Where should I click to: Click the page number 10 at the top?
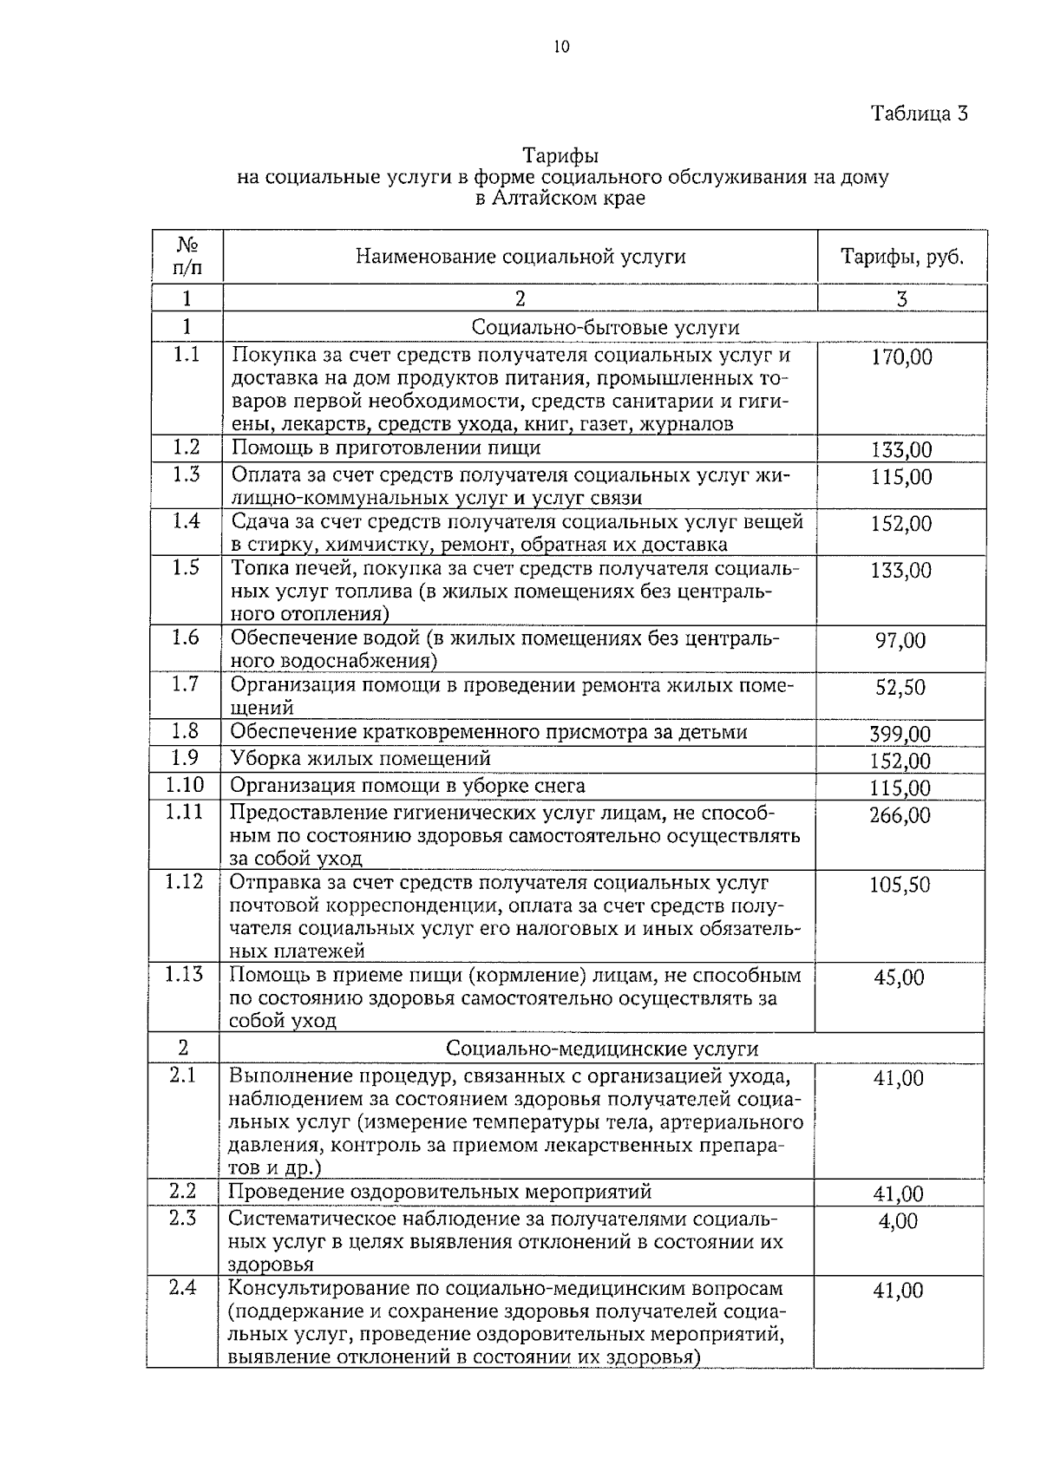[x=561, y=47]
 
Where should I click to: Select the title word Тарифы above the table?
[x=560, y=156]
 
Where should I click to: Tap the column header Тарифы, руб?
[x=902, y=257]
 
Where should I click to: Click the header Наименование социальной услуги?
[x=520, y=257]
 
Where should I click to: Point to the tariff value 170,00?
[x=901, y=357]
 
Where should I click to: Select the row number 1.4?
[x=186, y=521]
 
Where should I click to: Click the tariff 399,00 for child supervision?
[x=900, y=735]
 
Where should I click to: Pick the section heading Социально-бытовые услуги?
[x=606, y=327]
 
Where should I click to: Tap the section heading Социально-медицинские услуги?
[x=602, y=1049]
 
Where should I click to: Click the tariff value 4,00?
[x=898, y=1221]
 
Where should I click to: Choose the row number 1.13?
[x=184, y=975]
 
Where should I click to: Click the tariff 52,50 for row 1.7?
[x=900, y=688]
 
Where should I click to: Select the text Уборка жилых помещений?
[x=361, y=759]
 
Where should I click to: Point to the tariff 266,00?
[x=900, y=815]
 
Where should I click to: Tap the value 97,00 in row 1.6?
[x=900, y=641]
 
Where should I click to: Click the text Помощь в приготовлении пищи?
[x=386, y=448]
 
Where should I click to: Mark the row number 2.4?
[x=183, y=1288]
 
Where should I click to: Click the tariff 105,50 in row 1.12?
[x=900, y=885]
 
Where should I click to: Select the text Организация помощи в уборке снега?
[x=408, y=786]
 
